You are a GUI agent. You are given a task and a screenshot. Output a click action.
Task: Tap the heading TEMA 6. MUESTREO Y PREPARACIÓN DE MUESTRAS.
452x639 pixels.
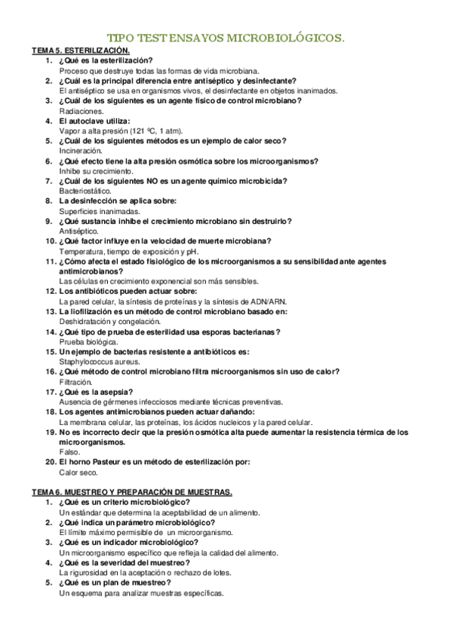132,491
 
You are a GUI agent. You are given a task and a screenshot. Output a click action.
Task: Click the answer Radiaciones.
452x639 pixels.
81,111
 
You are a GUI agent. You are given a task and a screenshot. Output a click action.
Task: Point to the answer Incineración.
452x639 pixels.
81,151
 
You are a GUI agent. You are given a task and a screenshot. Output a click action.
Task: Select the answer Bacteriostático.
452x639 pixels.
85,191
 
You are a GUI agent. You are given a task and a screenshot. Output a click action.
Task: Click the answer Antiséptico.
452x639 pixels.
78,231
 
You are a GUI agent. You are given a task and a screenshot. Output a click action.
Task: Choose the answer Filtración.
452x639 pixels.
76,381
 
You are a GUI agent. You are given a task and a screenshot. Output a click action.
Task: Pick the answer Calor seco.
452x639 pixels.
78,472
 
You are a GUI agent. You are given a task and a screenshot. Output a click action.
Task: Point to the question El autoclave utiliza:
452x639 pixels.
95,121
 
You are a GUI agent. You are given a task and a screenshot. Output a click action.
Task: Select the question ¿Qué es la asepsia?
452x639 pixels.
97,392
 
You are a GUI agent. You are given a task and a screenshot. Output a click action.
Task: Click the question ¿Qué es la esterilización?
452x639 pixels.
106,60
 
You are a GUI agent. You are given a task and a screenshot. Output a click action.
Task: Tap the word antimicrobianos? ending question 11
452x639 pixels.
91,271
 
